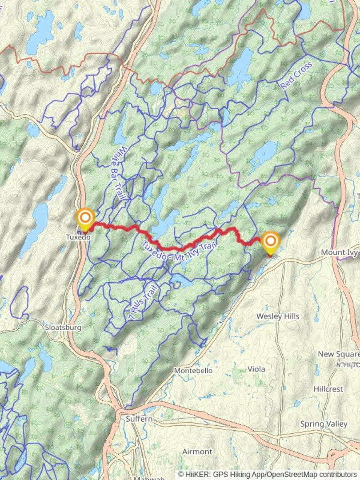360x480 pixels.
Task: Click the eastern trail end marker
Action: pos(271,242)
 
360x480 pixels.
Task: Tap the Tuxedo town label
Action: pos(78,237)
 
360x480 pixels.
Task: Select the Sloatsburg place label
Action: pos(63,328)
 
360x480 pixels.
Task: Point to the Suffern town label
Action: pos(139,419)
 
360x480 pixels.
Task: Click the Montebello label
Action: pos(193,371)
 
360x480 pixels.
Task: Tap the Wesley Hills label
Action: pos(278,316)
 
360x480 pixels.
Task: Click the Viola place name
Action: pos(256,369)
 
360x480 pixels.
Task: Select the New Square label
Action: pos(338,354)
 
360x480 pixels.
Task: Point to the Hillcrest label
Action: pos(328,389)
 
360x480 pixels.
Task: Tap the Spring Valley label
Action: pos(324,424)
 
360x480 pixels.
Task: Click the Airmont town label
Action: pos(197,452)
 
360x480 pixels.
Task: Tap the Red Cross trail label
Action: pos(296,76)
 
